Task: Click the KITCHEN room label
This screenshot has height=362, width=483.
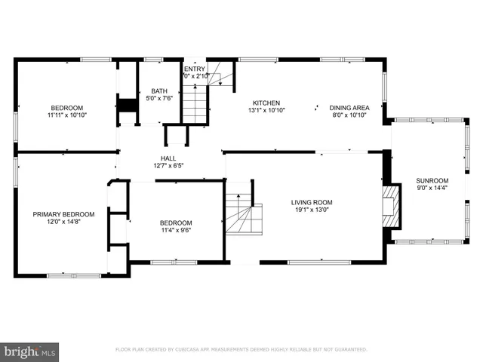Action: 266,103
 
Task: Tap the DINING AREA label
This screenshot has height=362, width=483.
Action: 349,106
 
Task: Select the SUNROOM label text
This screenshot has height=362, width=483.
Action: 432,181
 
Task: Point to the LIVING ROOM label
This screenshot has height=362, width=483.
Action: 312,202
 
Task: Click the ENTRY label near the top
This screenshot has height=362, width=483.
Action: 194,69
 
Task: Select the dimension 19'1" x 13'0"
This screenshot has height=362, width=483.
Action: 312,211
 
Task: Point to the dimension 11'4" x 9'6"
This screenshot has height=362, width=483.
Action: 175,232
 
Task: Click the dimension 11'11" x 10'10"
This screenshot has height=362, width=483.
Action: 67,116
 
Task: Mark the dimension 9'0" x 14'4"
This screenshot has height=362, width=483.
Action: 432,189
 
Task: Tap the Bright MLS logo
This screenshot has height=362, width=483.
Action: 30,351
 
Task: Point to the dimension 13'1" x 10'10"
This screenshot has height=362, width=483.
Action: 266,112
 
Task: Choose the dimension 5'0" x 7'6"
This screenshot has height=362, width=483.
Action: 158,98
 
